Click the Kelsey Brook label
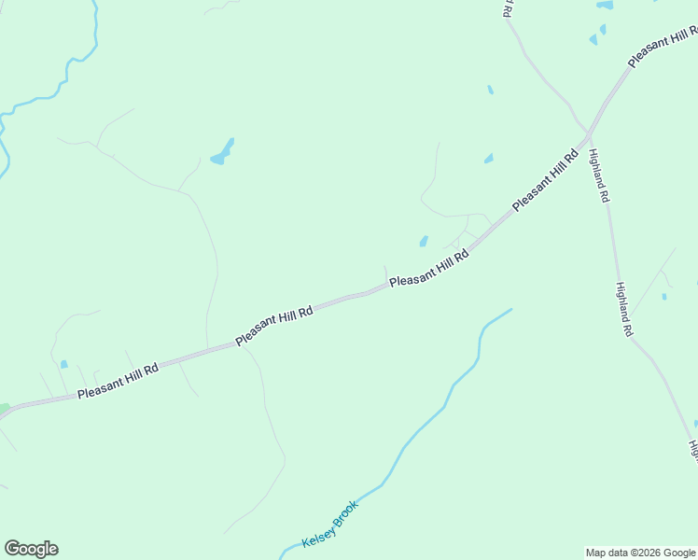[330, 525]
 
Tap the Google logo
[31, 549]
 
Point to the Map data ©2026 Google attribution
[640, 553]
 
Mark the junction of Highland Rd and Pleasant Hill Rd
[589, 131]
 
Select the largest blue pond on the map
[223, 152]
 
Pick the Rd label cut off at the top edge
[507, 8]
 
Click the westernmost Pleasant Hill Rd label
[119, 381]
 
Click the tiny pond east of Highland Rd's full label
[664, 297]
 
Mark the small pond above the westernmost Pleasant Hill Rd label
[63, 364]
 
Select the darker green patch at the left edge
[4, 409]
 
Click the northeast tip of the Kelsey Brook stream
[510, 309]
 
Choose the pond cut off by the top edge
[605, 5]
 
